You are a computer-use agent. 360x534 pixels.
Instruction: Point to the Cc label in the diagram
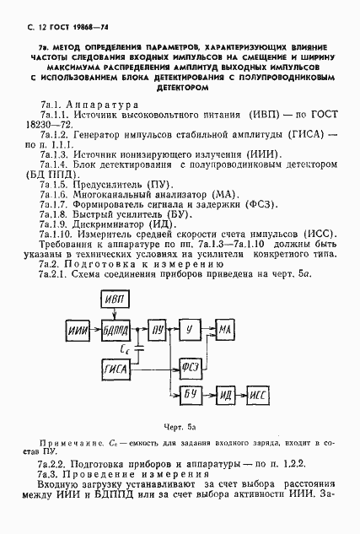coord(126,347)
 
